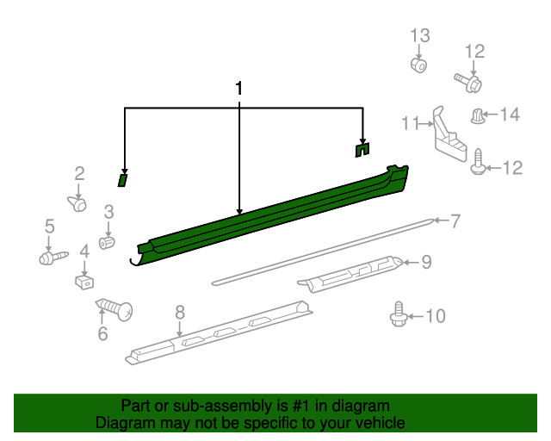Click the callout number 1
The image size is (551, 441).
coord(239,88)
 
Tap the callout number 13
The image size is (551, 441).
coord(420,35)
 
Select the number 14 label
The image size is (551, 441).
coord(510,115)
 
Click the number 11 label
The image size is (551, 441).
coord(411,123)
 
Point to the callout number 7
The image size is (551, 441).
coord(455,221)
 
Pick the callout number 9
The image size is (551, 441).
coord(426,262)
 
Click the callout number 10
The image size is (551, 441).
coord(436,316)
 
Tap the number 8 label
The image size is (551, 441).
coord(180,312)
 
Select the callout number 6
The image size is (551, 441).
coord(102,333)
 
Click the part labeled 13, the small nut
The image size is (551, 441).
coord(418,65)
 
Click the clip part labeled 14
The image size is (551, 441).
coord(477,116)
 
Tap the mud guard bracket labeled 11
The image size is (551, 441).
coord(449,135)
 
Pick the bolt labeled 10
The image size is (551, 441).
coord(399,314)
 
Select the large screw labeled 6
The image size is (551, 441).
coord(115,309)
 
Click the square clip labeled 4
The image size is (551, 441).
coord(84,282)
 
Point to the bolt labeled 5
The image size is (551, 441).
coord(53,258)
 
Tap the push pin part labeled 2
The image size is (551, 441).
coord(77,203)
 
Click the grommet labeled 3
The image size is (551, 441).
coord(107,243)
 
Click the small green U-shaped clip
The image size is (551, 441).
coord(362,150)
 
